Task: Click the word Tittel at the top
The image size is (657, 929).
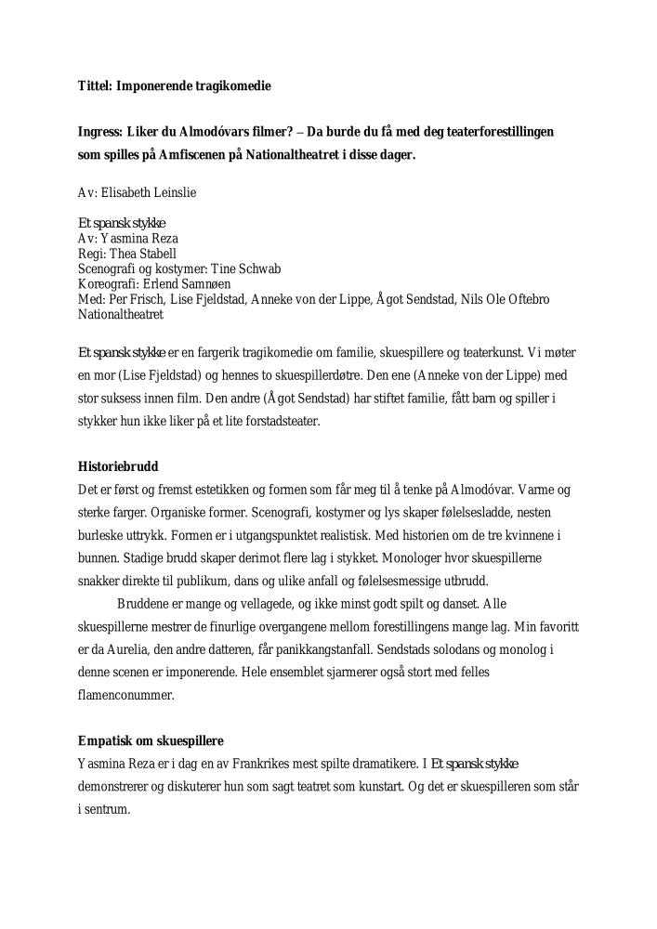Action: (93, 85)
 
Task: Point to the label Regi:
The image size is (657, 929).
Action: (91, 254)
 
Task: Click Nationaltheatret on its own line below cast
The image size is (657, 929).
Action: (121, 314)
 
